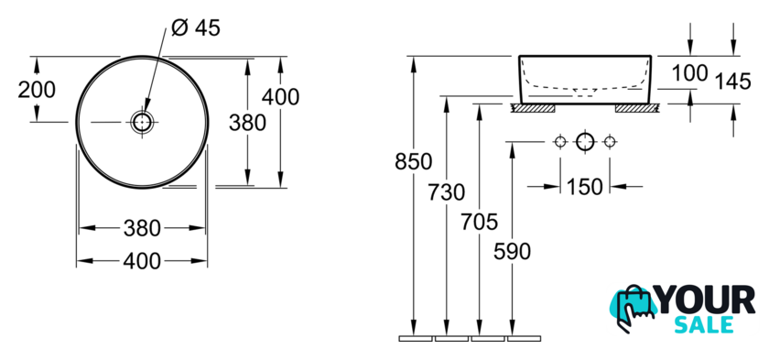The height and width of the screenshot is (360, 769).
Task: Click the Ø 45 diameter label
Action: tap(196, 28)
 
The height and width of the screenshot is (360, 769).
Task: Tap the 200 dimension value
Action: tap(37, 90)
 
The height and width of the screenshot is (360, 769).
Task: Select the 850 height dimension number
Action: tap(414, 161)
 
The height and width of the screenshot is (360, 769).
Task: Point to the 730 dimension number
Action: tap(447, 192)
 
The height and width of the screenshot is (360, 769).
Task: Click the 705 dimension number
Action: tap(479, 222)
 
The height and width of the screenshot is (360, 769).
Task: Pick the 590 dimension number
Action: tap(512, 252)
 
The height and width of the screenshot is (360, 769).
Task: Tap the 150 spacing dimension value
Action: tap(585, 186)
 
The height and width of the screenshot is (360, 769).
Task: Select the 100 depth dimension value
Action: tap(690, 73)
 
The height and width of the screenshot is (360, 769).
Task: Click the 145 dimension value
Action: tap(732, 82)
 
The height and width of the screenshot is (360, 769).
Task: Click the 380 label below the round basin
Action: tap(142, 228)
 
